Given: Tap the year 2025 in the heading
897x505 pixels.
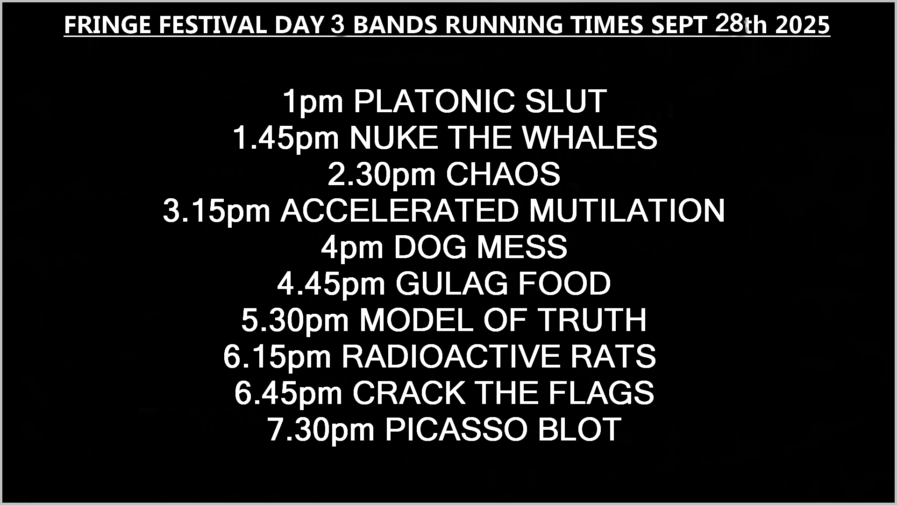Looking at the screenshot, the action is coord(802,25).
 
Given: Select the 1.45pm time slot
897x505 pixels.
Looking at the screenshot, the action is coord(286,138).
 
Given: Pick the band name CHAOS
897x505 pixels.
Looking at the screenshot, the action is coord(503,174).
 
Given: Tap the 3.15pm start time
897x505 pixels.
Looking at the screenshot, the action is coord(217,211).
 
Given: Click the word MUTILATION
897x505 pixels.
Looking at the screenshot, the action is coord(626,210).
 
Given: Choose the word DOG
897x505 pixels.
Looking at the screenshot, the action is coord(430,247).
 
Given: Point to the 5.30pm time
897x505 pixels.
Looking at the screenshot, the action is coord(295,321).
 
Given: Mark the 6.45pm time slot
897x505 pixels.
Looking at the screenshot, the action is coord(288,394).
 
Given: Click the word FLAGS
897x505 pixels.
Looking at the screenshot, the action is coord(601,393).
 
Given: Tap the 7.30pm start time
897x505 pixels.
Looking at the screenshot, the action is coord(321,430).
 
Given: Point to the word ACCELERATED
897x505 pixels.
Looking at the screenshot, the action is coord(399,210).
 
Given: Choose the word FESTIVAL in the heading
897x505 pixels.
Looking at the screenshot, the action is coord(213,25).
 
